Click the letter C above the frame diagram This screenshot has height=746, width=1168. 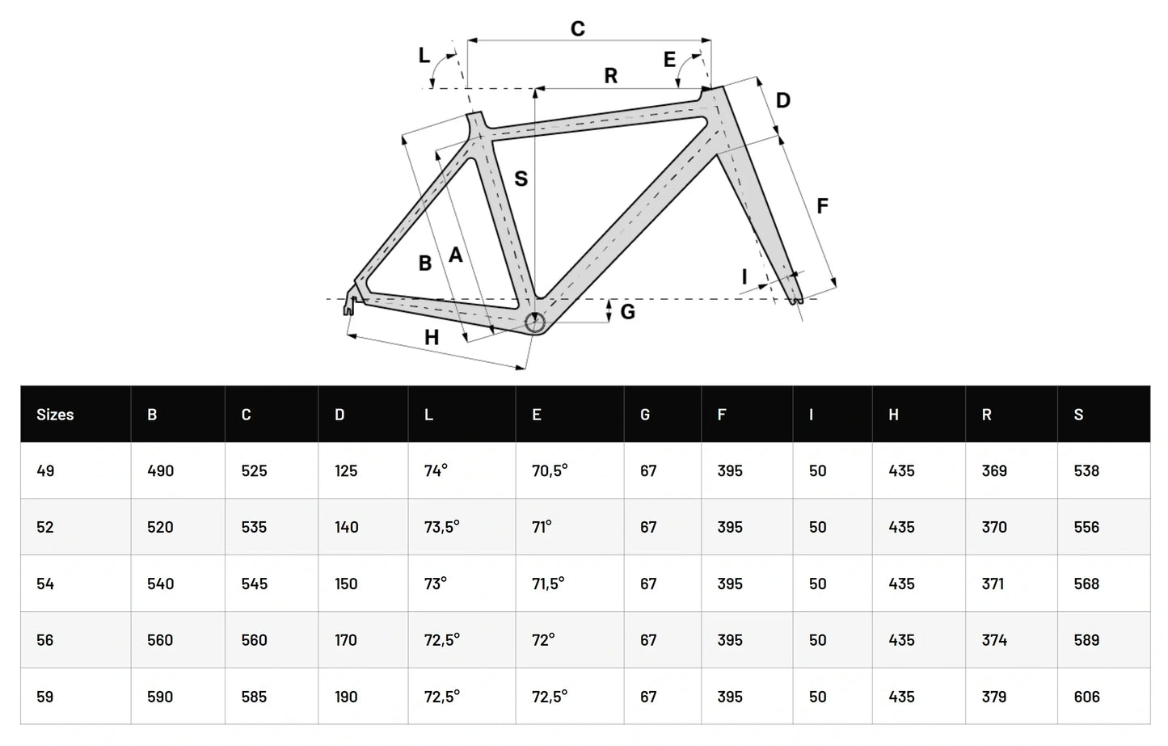[x=577, y=29]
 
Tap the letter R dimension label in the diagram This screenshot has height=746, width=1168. [x=611, y=76]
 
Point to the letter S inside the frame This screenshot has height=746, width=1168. [x=521, y=179]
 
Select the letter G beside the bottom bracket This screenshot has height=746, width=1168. [x=628, y=312]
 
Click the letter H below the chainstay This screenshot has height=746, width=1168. [x=432, y=338]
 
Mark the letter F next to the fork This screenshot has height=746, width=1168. [x=822, y=206]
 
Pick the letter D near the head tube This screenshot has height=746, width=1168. [x=782, y=101]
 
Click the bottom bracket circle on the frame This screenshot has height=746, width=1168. [x=535, y=323]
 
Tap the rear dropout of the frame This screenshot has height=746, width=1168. [x=352, y=301]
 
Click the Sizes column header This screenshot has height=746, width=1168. [x=55, y=415]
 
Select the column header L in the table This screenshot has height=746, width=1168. [x=428, y=415]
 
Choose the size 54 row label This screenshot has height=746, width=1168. [x=45, y=584]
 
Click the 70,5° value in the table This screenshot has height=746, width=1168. [x=550, y=470]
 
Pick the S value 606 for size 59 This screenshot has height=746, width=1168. [x=1086, y=697]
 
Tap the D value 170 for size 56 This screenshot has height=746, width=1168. [x=346, y=640]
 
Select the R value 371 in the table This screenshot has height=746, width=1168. [x=993, y=584]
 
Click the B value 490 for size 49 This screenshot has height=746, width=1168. [x=160, y=470]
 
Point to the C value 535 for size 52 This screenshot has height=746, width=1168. [x=254, y=527]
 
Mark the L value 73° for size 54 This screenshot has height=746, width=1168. [x=435, y=584]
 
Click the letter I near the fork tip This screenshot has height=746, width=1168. [x=744, y=277]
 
